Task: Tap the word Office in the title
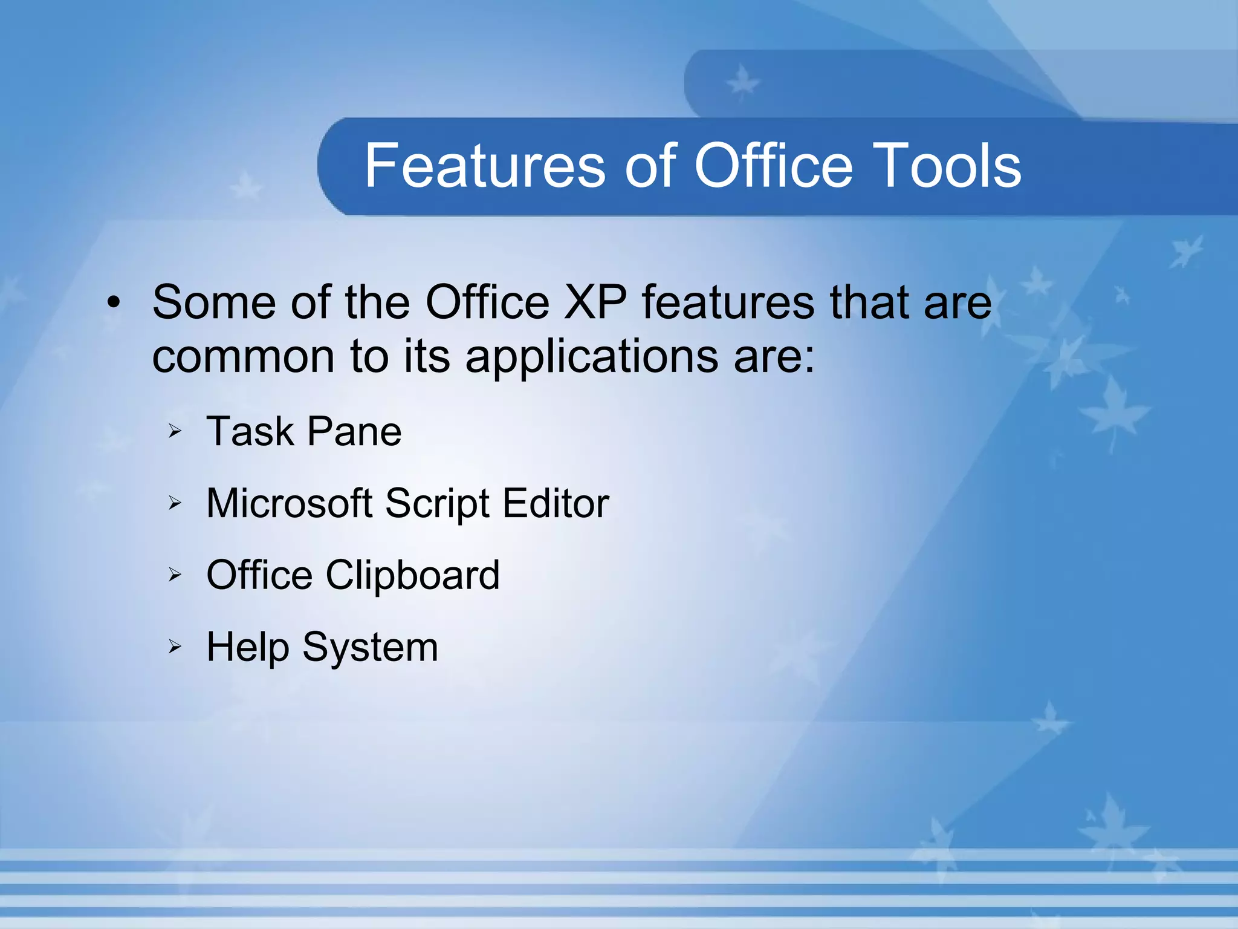click(774, 166)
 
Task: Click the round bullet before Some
click(114, 302)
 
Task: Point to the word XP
click(595, 302)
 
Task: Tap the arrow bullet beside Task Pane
click(175, 432)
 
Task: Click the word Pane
click(354, 432)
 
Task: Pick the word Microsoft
click(289, 503)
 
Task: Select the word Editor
click(556, 503)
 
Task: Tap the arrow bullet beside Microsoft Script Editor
click(175, 503)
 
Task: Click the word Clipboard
click(413, 575)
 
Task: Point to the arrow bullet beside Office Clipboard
click(175, 575)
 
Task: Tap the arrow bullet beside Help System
click(175, 647)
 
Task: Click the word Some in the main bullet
click(215, 302)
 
